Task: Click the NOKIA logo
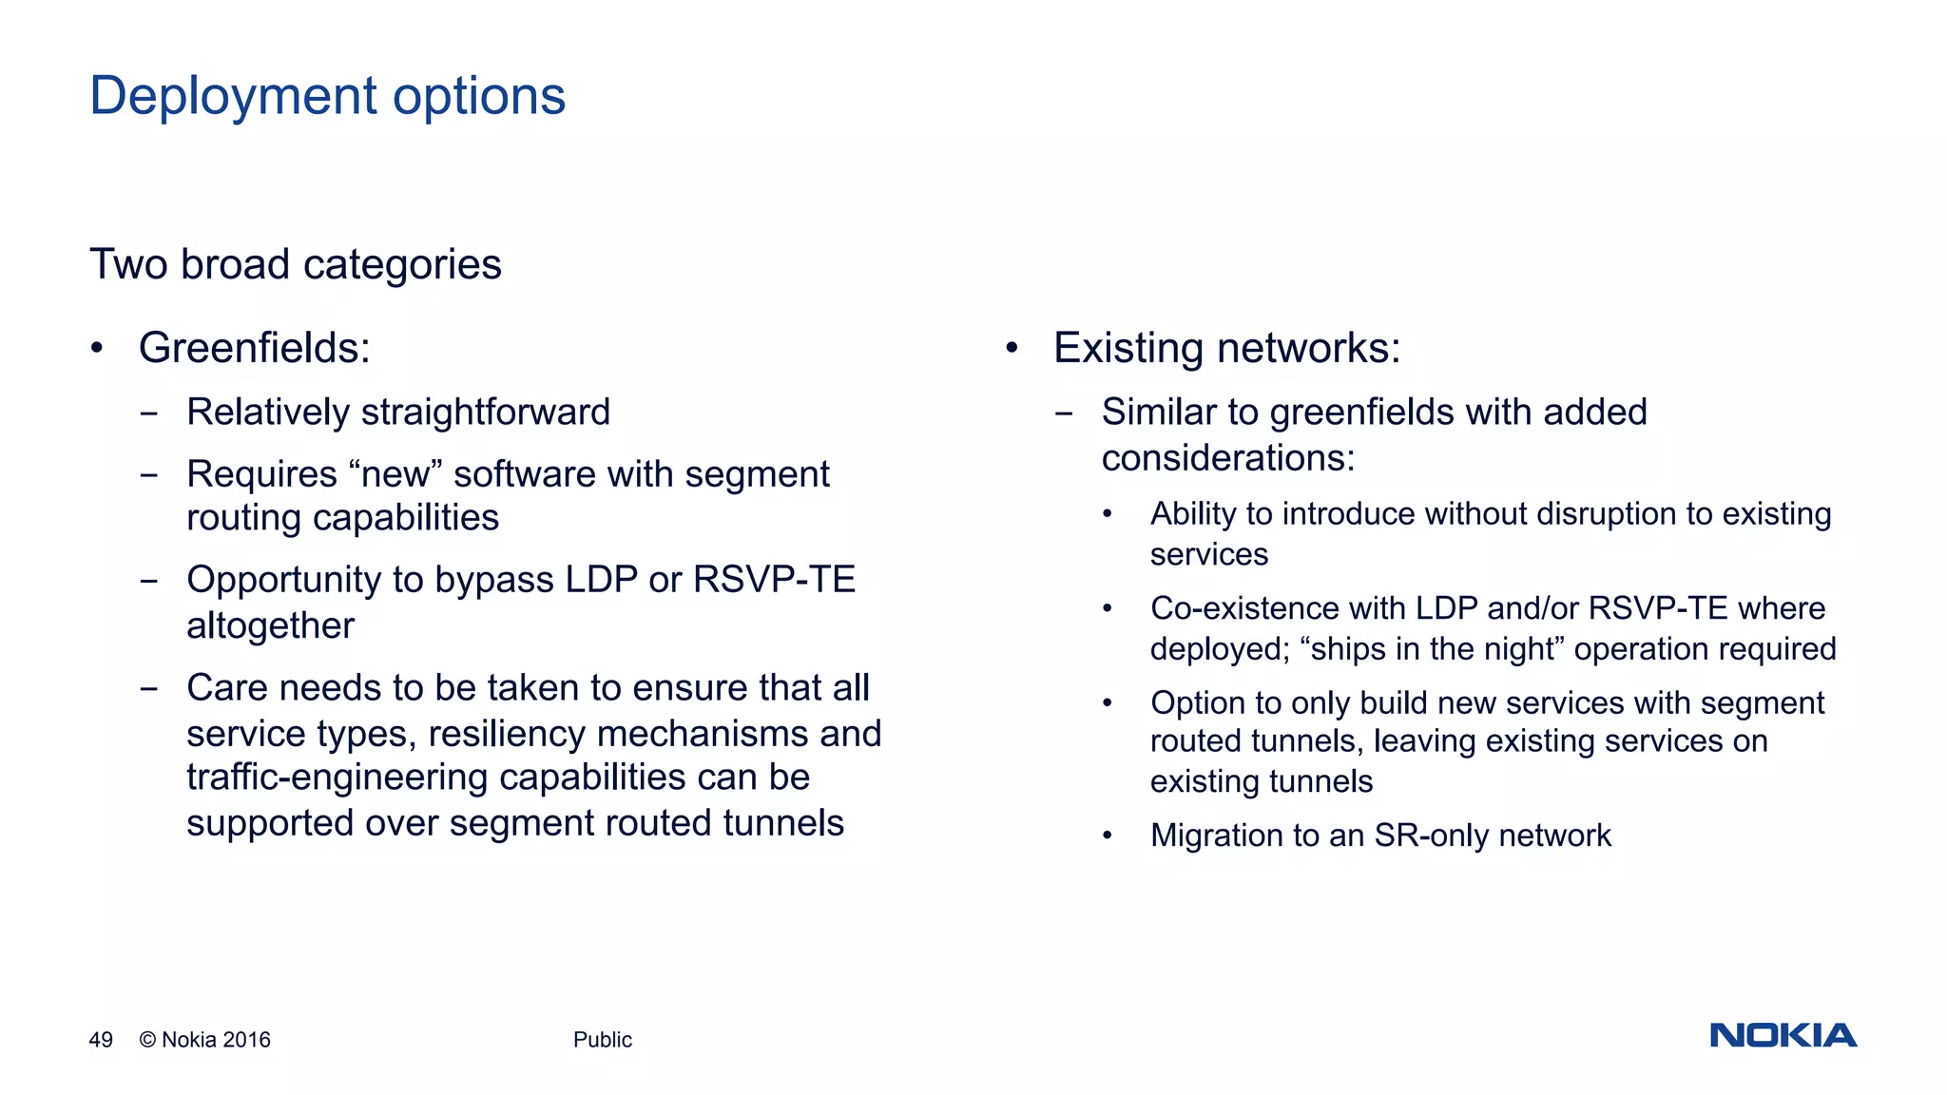tap(1783, 1035)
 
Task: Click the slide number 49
tap(101, 1040)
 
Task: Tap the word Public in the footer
tap(602, 1040)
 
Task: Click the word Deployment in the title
tap(234, 97)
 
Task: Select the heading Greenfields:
tap(254, 348)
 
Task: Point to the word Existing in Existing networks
tap(1128, 348)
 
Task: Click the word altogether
tap(270, 626)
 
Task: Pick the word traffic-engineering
tap(337, 778)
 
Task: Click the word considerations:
tap(1227, 459)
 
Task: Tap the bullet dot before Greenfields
tap(96, 348)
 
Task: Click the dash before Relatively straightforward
tap(148, 414)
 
